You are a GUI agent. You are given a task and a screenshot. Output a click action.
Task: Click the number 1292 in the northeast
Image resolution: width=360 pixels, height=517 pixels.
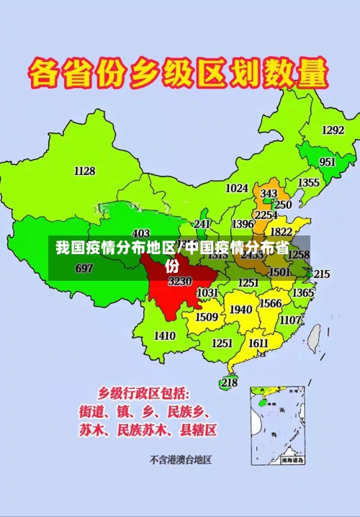click(x=333, y=130)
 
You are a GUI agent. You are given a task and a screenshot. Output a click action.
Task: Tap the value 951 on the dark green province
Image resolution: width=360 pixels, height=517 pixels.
click(x=328, y=162)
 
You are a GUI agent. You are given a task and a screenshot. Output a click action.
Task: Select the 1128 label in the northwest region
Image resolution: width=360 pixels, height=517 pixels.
click(x=84, y=171)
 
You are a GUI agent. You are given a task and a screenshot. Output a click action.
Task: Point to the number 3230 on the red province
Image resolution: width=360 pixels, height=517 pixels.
click(x=180, y=282)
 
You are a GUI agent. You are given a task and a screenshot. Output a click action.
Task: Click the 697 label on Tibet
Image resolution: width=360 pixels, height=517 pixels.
click(x=84, y=269)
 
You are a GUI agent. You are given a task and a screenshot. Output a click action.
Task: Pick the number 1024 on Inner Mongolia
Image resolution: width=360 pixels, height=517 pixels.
click(x=237, y=188)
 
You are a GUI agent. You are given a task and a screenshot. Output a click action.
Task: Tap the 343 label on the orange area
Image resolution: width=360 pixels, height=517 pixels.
click(x=269, y=194)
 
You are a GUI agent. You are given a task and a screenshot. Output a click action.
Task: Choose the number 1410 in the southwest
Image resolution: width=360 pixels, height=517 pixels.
click(x=165, y=336)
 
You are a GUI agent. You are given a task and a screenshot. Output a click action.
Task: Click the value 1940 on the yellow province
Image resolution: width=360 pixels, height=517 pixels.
click(x=240, y=309)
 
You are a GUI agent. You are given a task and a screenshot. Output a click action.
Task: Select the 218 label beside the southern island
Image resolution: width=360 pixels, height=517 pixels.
click(x=229, y=382)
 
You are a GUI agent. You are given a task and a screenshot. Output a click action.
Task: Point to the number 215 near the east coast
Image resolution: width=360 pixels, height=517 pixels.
click(x=321, y=274)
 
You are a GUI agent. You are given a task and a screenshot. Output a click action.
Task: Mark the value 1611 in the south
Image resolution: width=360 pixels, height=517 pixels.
click(x=258, y=343)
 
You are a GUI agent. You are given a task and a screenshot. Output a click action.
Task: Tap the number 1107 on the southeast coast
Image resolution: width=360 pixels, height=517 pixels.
click(x=290, y=320)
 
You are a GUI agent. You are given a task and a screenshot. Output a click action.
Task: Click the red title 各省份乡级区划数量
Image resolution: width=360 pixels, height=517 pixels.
click(x=179, y=74)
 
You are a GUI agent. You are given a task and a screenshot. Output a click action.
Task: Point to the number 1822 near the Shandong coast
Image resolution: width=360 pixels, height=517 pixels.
click(x=281, y=232)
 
